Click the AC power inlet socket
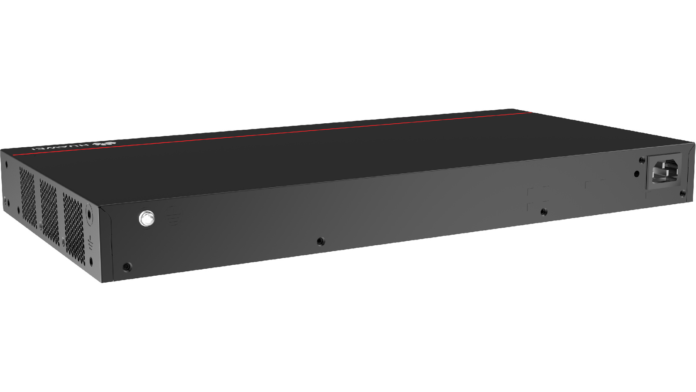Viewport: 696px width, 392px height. pos(664,171)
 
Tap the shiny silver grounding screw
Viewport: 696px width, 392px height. pos(147,218)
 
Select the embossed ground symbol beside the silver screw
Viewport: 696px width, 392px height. pos(174,215)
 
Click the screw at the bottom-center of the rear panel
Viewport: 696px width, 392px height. pos(320,241)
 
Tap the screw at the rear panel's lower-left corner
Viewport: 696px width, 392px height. pos(127,267)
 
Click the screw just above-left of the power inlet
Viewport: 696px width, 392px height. pos(641,160)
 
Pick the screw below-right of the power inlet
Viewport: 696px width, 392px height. pos(683,194)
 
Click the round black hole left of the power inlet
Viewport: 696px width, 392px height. pos(636,174)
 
